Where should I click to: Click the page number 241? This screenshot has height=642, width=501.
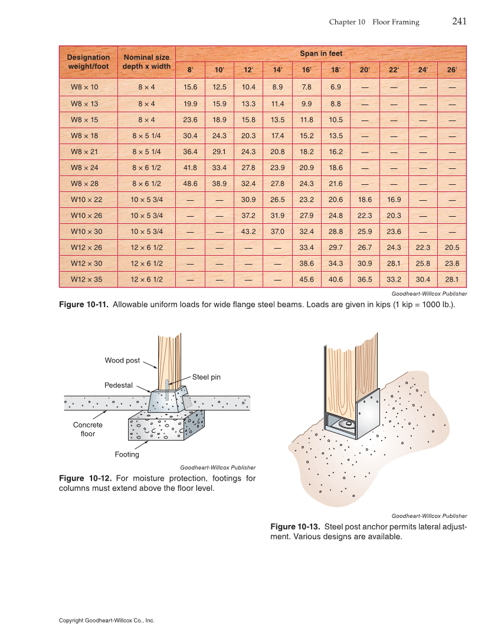click(x=459, y=22)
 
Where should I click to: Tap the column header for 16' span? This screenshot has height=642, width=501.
click(x=307, y=70)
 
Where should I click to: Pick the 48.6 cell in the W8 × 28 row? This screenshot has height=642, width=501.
click(x=190, y=184)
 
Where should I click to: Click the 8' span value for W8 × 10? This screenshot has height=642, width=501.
click(x=190, y=87)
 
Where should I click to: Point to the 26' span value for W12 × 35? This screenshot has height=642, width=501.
click(x=452, y=279)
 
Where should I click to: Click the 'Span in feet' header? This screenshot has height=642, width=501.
click(x=321, y=54)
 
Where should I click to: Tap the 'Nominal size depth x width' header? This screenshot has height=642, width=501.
click(x=146, y=62)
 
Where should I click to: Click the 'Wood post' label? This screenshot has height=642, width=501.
click(x=122, y=360)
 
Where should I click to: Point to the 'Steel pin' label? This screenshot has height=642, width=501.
click(x=206, y=377)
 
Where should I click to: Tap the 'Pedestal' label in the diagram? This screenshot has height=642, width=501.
click(x=119, y=385)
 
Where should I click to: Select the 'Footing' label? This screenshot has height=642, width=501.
click(x=127, y=454)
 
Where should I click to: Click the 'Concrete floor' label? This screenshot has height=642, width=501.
click(x=88, y=429)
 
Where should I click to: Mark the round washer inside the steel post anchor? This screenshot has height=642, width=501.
click(x=348, y=423)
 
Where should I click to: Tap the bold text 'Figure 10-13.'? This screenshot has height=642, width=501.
click(x=295, y=526)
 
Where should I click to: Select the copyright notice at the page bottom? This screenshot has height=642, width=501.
click(x=107, y=621)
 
